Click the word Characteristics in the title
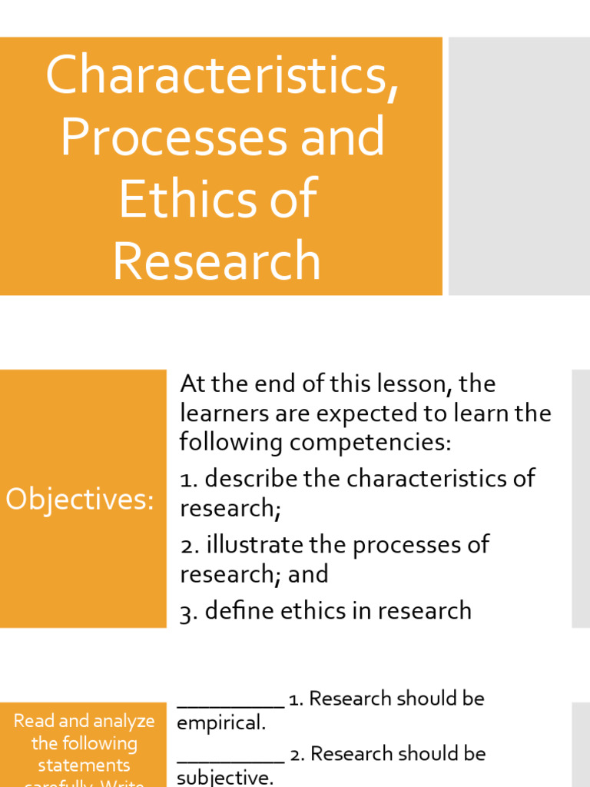221,75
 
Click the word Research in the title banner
217,260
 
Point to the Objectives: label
80,500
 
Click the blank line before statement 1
230,702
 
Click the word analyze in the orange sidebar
122,722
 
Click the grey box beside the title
519,166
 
